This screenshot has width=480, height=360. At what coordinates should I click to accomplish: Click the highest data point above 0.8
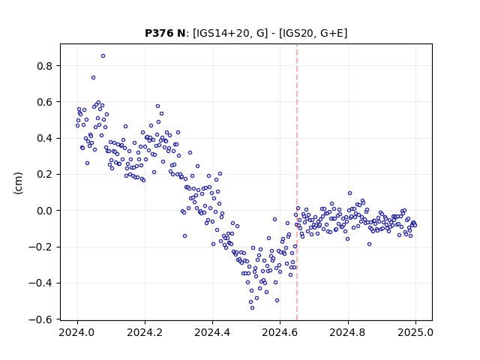click(x=103, y=56)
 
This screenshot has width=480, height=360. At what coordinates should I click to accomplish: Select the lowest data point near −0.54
click(x=252, y=307)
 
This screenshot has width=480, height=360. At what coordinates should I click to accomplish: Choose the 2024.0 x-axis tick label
click(x=77, y=332)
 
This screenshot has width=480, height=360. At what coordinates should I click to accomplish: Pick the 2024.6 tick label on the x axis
click(x=280, y=332)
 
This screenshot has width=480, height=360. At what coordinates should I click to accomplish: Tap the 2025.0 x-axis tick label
click(x=415, y=332)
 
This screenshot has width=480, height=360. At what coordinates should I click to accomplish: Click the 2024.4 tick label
click(x=212, y=332)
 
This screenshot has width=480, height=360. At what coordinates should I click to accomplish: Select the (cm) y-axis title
click(x=18, y=183)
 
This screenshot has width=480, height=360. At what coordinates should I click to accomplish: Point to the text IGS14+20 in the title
click(x=222, y=33)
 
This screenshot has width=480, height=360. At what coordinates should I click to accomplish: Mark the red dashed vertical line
click(x=297, y=182)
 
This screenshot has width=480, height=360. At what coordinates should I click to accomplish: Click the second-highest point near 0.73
click(x=93, y=78)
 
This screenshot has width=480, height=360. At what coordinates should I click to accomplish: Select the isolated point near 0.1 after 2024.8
click(x=350, y=193)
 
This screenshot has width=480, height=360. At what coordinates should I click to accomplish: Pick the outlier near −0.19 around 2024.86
click(x=369, y=244)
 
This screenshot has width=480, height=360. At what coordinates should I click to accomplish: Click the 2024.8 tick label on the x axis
click(x=348, y=332)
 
